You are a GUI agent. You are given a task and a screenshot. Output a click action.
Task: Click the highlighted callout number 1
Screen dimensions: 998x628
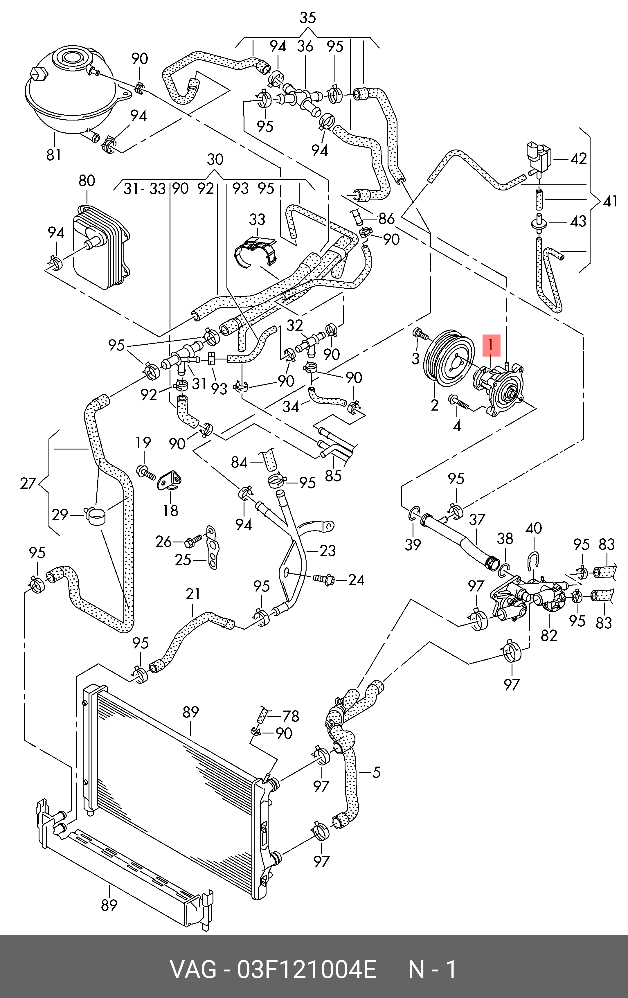click(491, 345)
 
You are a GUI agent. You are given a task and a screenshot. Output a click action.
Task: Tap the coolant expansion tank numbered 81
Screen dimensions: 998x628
click(69, 95)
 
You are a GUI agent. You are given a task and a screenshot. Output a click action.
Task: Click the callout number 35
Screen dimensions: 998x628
click(307, 18)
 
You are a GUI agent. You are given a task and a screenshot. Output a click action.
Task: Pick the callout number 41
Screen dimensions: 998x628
click(610, 202)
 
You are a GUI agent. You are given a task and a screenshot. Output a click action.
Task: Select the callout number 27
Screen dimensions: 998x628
click(28, 483)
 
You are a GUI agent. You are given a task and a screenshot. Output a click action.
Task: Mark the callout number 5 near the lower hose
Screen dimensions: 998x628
click(376, 772)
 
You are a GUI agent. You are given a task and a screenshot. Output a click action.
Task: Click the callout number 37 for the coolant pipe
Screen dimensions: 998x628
click(477, 519)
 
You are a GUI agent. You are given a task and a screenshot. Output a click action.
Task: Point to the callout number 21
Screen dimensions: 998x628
click(193, 594)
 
